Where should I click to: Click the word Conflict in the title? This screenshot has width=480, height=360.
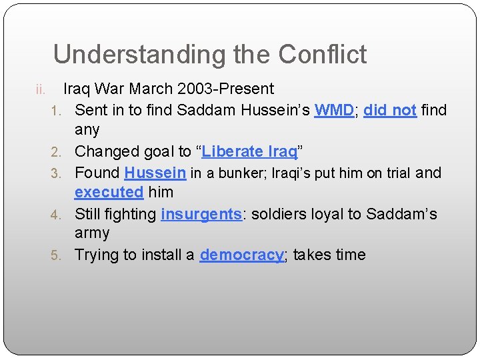[x=323, y=54]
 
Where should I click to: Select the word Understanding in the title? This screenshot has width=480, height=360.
[x=129, y=55]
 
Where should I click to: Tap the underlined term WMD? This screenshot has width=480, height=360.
[x=334, y=110]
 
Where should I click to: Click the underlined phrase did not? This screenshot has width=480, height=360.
[x=390, y=110]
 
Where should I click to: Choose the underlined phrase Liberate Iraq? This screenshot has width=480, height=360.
[x=249, y=151]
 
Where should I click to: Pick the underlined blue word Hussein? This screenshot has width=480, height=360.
[x=155, y=173]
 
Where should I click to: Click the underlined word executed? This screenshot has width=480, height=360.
[x=109, y=192]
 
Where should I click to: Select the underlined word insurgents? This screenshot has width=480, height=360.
[x=201, y=214]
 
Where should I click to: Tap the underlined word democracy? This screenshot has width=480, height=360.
[x=241, y=255]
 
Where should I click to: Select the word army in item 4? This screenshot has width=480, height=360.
[x=92, y=233]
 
